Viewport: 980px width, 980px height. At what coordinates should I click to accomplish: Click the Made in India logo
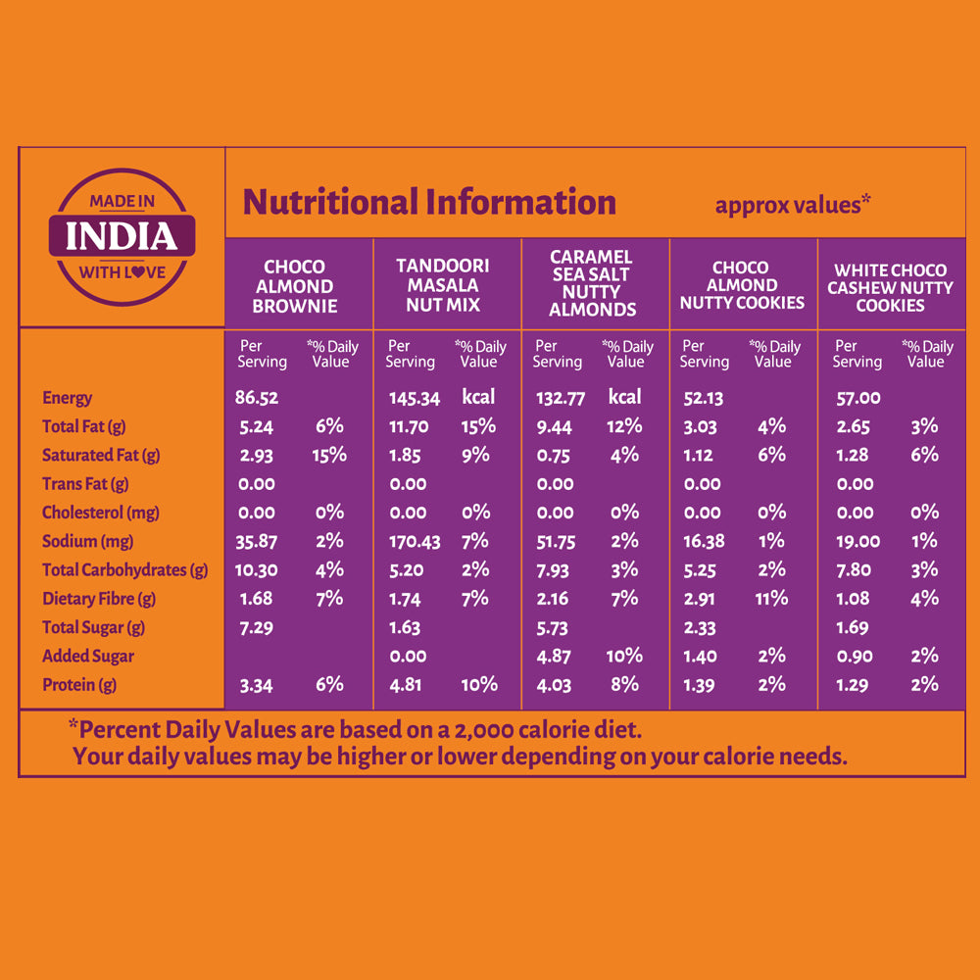coord(122,236)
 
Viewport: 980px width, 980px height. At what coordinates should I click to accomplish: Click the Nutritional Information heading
coord(429,203)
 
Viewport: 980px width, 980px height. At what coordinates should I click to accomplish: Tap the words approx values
coord(793,205)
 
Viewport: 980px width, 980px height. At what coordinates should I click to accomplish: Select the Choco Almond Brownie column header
coord(294,286)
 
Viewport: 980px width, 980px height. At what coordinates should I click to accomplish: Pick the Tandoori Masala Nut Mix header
coord(442,285)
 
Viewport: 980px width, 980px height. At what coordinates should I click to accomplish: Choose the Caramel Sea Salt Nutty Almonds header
coord(592,283)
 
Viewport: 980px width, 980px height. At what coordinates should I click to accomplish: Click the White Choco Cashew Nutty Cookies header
coord(890,287)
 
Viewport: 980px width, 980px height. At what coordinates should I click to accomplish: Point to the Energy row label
coord(67,398)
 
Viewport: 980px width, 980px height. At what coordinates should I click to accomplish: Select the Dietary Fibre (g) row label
coord(99,599)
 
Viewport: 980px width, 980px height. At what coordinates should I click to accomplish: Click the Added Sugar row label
coord(88,657)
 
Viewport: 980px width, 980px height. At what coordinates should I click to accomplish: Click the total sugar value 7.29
coord(256,627)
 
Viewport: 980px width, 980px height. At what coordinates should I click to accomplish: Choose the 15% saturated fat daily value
coord(329,455)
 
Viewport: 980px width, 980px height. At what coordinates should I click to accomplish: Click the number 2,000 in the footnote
coord(505,730)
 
